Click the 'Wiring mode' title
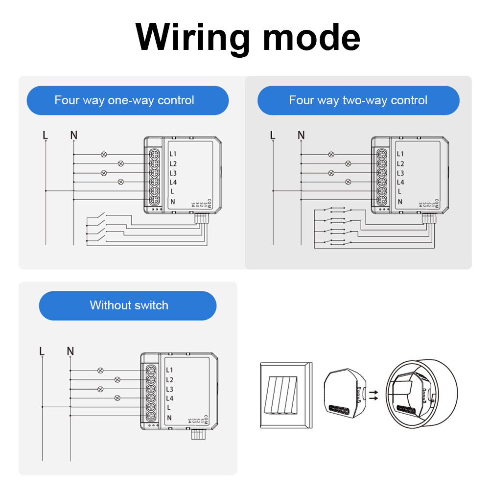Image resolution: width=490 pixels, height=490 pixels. (248, 38)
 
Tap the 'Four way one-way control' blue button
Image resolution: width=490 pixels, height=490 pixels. (127, 100)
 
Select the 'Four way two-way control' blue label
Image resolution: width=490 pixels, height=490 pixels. (358, 100)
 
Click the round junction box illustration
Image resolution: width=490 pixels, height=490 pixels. (421, 396)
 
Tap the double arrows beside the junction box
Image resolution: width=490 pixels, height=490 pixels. (374, 395)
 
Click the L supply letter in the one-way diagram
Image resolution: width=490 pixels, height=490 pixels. (46, 135)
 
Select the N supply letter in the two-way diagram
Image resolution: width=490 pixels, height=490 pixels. (301, 135)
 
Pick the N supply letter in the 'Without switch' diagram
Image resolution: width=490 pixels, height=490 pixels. (70, 351)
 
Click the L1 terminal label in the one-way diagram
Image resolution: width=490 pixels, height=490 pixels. (173, 154)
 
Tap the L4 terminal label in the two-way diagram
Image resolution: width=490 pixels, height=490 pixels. (400, 183)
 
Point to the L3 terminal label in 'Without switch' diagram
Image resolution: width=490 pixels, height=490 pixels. (170, 390)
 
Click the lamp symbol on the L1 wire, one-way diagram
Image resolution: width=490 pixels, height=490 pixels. (103, 154)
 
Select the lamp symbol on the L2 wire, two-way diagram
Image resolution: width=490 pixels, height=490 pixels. (348, 163)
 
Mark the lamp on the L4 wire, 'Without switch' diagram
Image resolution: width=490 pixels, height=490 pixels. (117, 398)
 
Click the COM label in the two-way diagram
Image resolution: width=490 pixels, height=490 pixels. (436, 203)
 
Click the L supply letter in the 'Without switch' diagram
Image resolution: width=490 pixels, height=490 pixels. (42, 351)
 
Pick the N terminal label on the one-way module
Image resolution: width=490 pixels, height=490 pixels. (173, 202)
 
